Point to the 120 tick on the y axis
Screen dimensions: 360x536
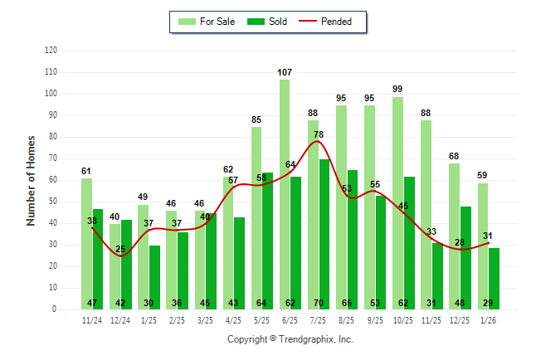(x=51, y=51)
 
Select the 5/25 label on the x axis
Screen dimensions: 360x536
(x=261, y=320)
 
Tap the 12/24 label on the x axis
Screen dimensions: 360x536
(x=120, y=320)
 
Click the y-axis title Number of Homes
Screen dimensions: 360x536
(x=31, y=180)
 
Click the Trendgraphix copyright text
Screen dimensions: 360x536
(x=290, y=339)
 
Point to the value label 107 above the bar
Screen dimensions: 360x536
(x=285, y=73)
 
